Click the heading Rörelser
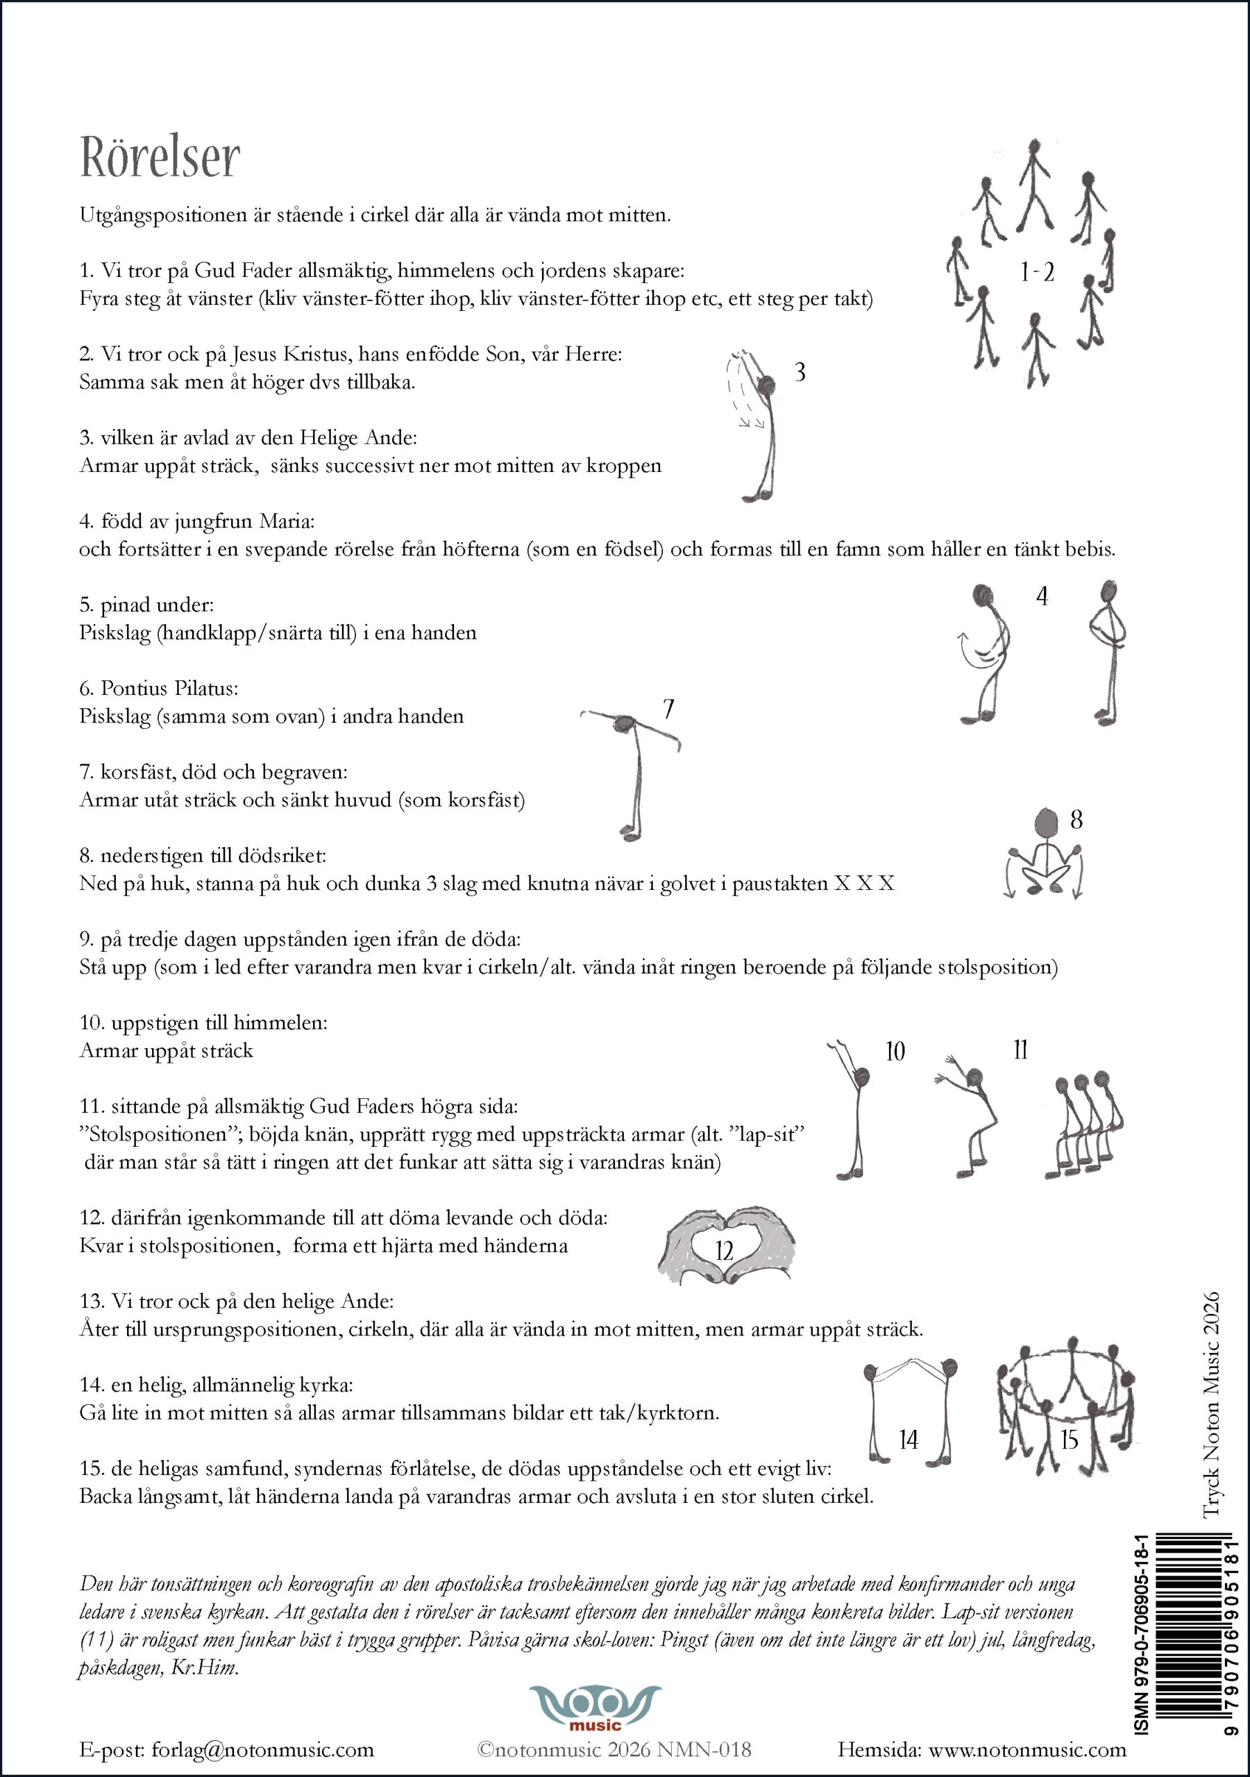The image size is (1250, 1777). (x=160, y=157)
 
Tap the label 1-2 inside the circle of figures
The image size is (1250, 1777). (x=1036, y=272)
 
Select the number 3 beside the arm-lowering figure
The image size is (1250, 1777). (x=800, y=372)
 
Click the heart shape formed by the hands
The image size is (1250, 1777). (x=725, y=1247)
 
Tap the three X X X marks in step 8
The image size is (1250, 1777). (x=864, y=884)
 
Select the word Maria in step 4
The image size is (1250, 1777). (x=287, y=521)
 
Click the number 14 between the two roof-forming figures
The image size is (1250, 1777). (x=908, y=1440)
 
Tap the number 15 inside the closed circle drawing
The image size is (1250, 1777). (x=1069, y=1440)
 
